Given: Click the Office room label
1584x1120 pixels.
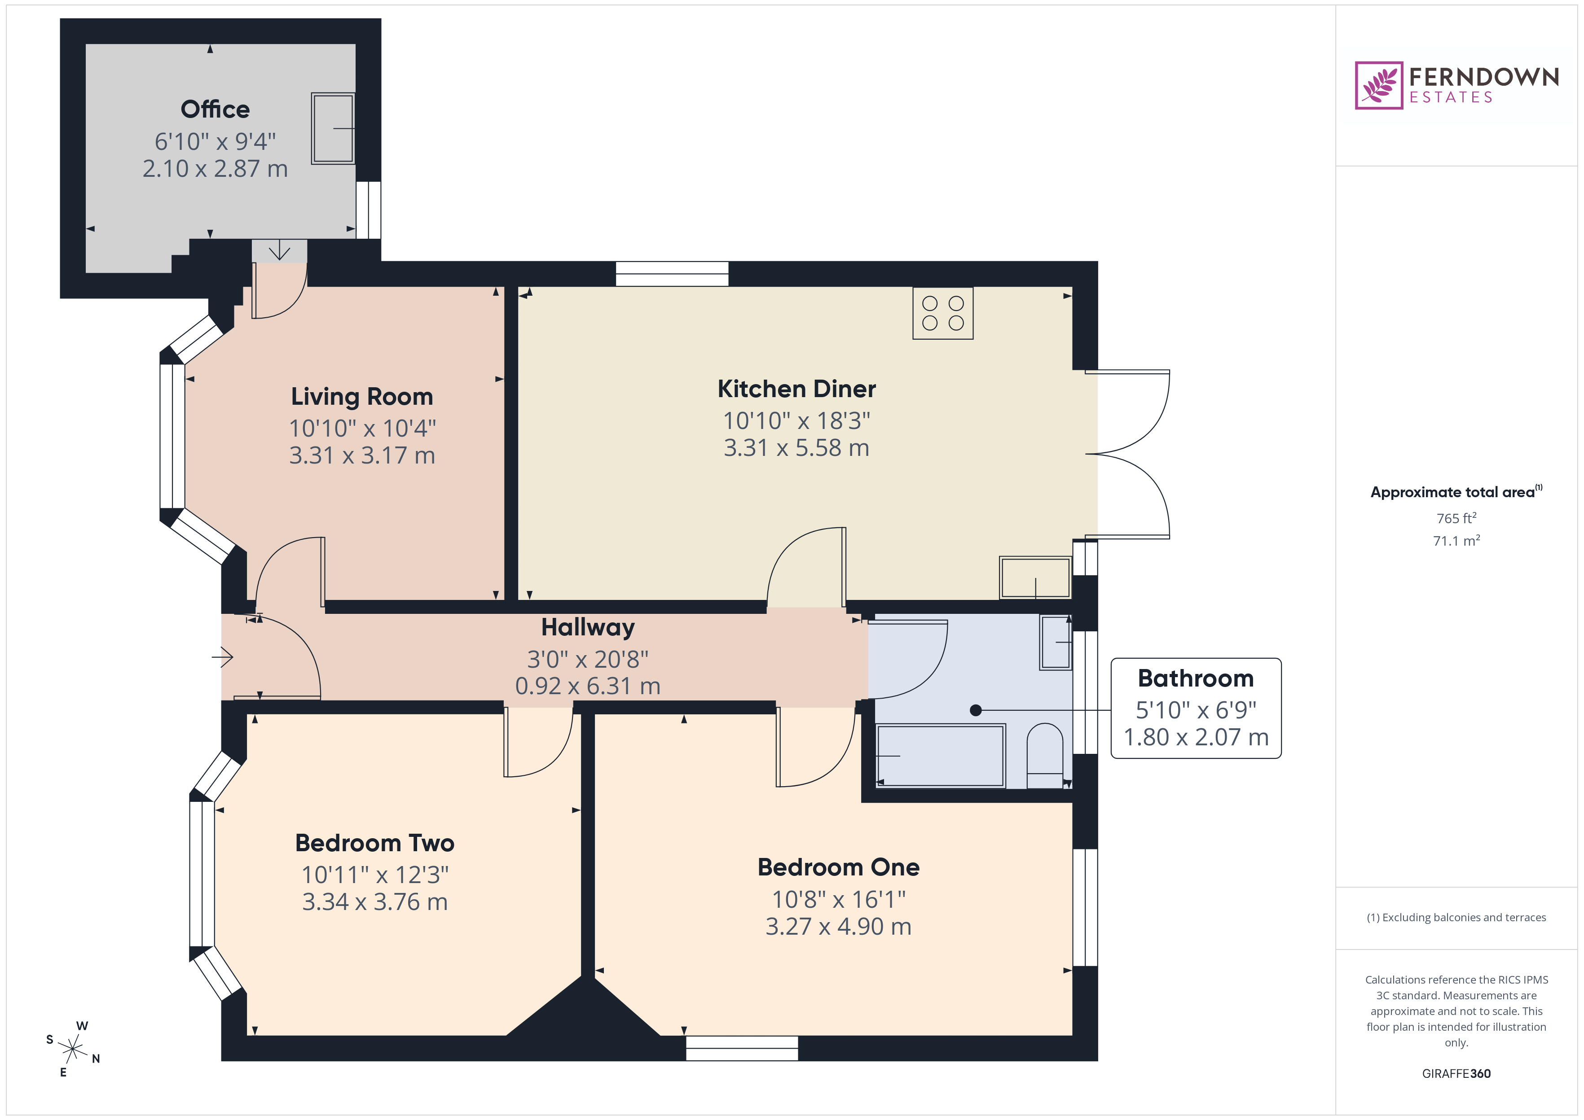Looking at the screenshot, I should (215, 109).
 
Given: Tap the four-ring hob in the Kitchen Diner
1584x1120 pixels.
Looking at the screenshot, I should (942, 313).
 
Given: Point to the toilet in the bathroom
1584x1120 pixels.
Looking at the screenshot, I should (1044, 755).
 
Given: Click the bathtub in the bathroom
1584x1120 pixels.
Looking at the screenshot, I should (940, 755).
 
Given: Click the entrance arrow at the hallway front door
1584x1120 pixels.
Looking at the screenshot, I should (222, 657).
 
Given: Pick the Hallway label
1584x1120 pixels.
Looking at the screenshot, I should (588, 628).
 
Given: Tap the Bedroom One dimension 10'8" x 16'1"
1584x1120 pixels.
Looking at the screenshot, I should (838, 899).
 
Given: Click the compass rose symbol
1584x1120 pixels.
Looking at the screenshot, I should (72, 1050).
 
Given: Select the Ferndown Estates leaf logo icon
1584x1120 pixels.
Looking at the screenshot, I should (1378, 86).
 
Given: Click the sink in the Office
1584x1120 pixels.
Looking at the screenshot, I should (333, 128).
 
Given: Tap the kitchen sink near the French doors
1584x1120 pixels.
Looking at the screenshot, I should (1035, 577).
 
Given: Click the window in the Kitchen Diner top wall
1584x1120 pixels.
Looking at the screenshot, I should (672, 274).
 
